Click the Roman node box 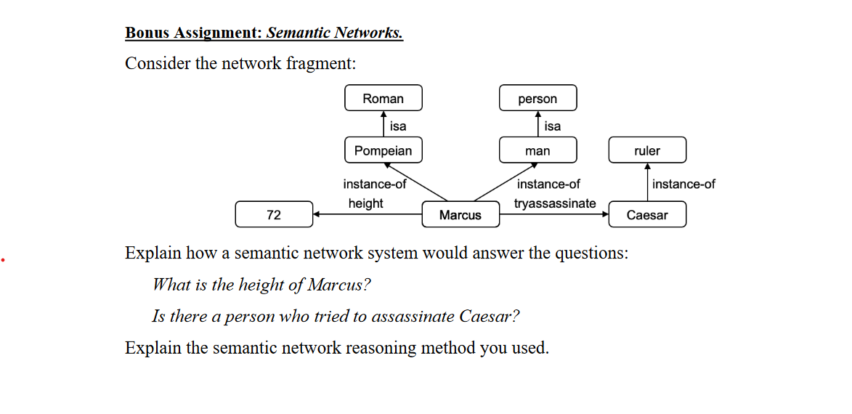383,99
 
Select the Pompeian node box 383,150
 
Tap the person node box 537,99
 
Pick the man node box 537,150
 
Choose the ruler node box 646,150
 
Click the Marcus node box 460,215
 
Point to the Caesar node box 646,215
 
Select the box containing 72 274,215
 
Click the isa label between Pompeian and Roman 398,126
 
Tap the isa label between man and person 553,126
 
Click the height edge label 365,203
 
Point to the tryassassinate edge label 555,203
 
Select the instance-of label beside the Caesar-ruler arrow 683,184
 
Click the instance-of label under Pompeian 375,184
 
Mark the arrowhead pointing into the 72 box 317,214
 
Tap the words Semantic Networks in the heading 334,33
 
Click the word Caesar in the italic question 488,317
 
